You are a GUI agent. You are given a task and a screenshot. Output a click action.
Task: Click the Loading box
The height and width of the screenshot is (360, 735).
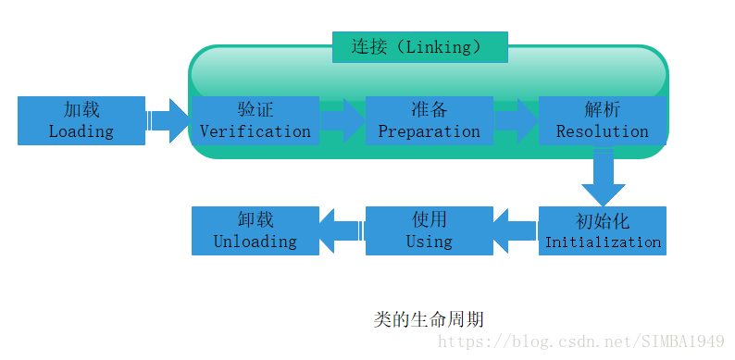coord(81,120)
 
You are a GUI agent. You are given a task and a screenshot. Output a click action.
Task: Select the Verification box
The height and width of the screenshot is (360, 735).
coord(255,120)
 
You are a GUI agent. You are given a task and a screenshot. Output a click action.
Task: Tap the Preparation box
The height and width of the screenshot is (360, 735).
coord(429,120)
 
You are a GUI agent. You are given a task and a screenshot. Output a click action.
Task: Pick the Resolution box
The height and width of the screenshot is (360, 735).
coord(603,120)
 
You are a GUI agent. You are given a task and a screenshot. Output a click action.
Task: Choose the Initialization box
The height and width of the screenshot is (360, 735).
coord(603,231)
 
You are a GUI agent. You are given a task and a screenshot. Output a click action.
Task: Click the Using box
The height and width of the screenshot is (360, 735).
coord(429,231)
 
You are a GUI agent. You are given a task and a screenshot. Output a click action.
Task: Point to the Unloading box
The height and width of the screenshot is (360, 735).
coord(255,231)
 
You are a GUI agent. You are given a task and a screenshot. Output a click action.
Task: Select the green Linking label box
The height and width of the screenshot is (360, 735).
coord(419,47)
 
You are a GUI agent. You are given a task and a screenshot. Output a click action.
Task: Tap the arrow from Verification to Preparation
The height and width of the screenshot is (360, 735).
coord(343,120)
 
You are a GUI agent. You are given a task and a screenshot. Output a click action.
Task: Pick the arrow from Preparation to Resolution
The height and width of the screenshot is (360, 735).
coord(516,120)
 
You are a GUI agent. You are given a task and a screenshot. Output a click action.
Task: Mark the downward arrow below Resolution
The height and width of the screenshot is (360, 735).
coord(604,178)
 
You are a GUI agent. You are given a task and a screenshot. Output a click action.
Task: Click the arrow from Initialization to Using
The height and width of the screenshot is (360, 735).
coord(515,231)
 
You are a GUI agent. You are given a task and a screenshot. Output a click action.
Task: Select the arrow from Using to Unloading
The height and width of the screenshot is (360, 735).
coord(342,231)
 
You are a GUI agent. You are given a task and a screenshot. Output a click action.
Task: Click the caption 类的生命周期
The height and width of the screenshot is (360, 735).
coord(429,319)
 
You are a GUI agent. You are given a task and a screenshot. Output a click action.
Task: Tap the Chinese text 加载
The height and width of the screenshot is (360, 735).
coord(81,109)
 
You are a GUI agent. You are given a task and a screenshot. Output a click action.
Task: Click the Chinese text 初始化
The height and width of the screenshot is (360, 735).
coord(603,222)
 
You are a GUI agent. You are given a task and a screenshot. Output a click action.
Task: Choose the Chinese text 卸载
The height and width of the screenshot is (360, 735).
coord(255,220)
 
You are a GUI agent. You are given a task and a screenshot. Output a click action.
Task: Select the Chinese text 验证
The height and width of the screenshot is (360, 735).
coord(255,109)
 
